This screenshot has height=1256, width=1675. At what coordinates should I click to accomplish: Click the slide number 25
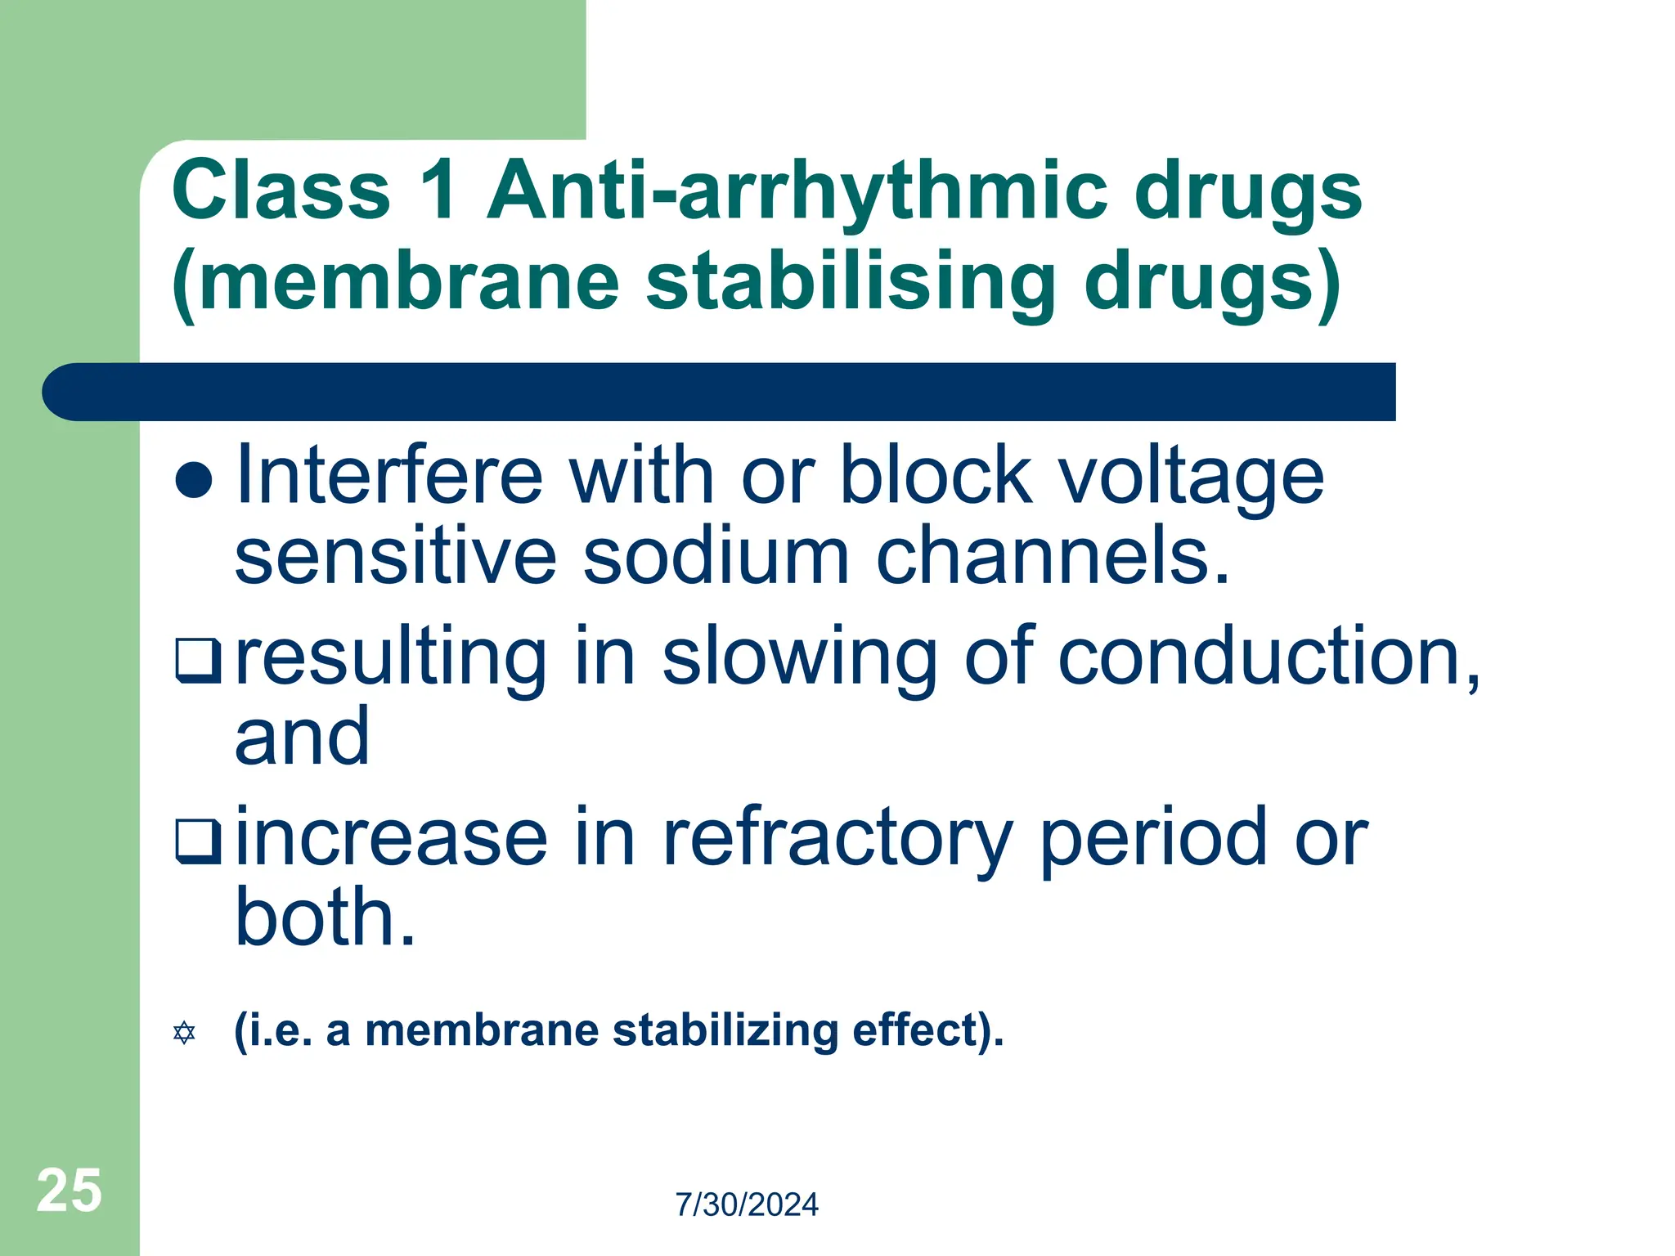tap(70, 1191)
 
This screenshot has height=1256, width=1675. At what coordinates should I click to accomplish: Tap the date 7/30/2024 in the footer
tap(747, 1205)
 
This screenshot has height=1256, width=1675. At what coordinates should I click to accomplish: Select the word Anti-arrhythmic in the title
tap(797, 192)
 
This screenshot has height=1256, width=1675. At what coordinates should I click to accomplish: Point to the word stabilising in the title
tap(851, 281)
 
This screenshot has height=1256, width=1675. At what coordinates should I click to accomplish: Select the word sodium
tap(716, 557)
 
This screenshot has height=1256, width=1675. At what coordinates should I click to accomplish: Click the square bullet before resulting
tap(198, 661)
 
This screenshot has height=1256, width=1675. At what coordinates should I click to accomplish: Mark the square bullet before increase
tap(198, 841)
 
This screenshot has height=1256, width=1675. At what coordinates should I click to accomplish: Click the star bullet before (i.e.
tap(185, 1033)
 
